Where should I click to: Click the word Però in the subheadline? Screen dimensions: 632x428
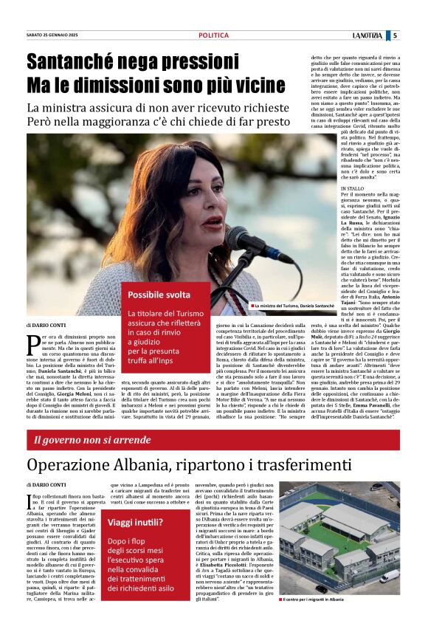[x=44, y=120]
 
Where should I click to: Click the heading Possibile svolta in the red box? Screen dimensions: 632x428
[x=159, y=293]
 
